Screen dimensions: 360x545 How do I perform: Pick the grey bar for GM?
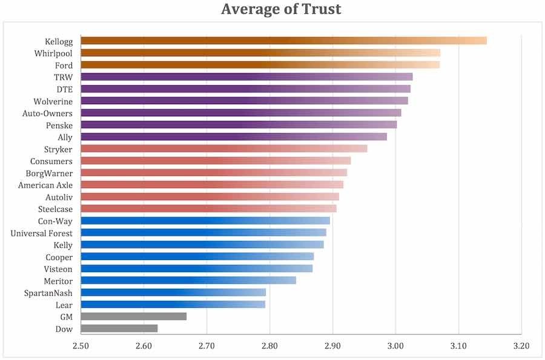(133, 316)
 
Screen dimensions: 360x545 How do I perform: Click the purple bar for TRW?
(246, 77)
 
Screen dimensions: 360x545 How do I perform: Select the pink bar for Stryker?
(223, 149)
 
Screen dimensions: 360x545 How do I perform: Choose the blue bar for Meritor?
(188, 281)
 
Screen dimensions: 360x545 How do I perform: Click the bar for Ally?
(233, 137)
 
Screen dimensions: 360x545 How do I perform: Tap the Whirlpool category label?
(53, 53)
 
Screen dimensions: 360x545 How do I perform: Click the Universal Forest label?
(41, 234)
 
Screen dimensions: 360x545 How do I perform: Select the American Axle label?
(45, 185)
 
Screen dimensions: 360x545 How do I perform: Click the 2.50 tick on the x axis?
(81, 347)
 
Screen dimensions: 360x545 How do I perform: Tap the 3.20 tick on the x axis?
(521, 347)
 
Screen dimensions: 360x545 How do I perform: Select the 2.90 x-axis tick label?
(332, 347)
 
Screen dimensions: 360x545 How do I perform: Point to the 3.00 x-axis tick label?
(395, 347)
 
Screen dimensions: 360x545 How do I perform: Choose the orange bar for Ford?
(260, 65)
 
